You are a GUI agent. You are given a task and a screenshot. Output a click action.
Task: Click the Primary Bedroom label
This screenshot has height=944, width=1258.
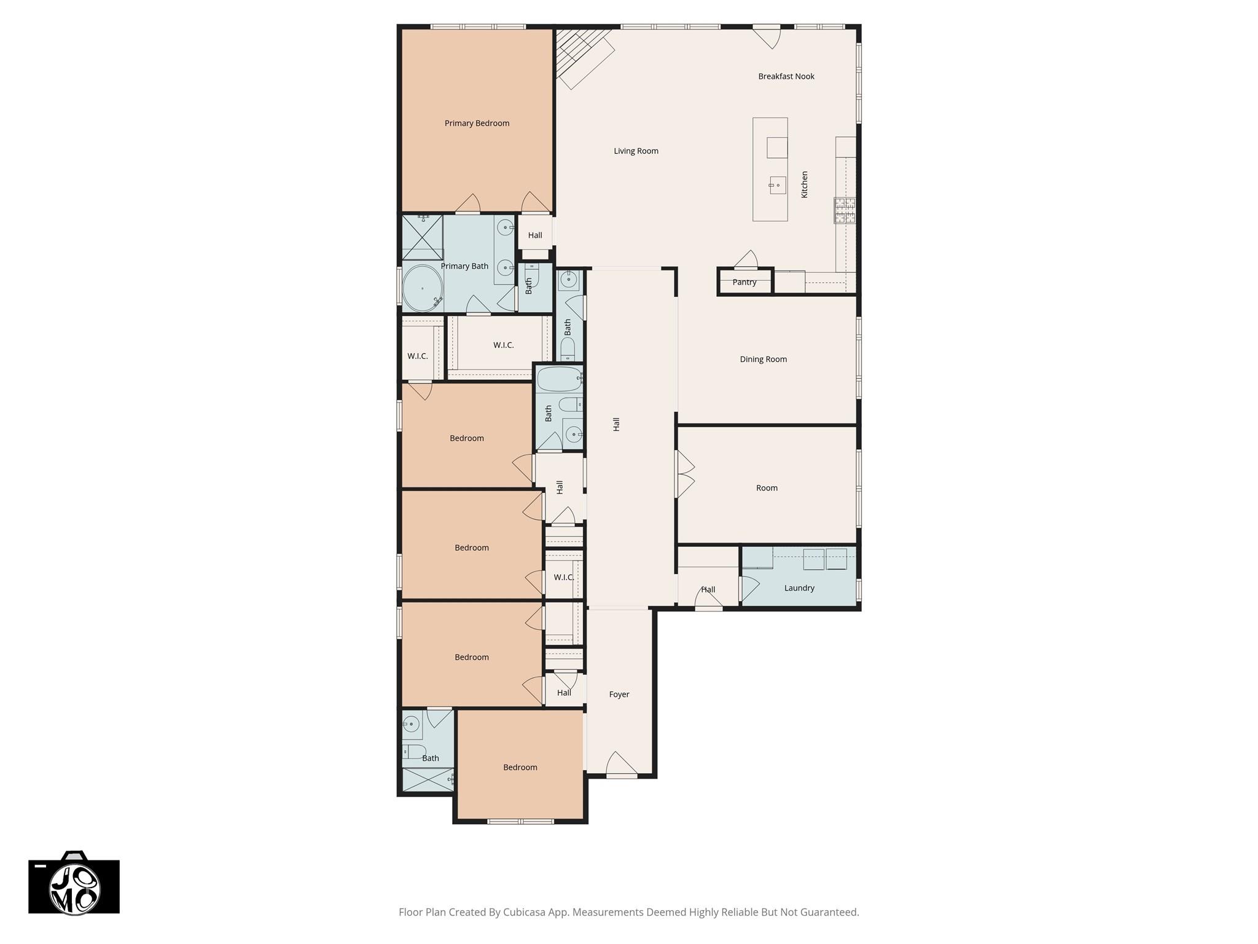[477, 124]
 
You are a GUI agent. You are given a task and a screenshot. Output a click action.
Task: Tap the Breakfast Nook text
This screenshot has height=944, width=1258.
[786, 77]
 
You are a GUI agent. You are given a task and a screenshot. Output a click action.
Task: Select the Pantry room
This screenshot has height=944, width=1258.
[744, 283]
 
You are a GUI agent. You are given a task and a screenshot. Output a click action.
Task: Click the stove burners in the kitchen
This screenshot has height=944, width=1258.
[845, 210]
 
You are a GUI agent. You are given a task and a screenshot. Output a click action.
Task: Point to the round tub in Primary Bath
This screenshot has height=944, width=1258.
[423, 288]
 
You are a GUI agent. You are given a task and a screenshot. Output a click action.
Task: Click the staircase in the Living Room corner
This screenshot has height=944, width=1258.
[580, 55]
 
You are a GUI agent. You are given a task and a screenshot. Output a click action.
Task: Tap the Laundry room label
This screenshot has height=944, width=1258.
[799, 588]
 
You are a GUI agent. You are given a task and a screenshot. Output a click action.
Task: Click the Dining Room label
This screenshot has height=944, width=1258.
[763, 360]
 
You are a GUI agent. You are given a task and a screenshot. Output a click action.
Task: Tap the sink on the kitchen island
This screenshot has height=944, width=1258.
[777, 184]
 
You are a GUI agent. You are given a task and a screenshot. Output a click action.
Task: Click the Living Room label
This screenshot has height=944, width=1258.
[636, 151]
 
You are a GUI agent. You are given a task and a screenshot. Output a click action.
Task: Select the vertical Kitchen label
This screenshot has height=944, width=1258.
[805, 184]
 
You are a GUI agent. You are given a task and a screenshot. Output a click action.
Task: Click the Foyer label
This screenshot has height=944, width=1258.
[619, 694]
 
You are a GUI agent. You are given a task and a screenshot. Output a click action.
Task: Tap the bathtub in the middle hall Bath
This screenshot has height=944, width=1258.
[559, 379]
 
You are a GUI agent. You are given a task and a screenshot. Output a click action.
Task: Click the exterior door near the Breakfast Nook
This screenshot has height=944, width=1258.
[767, 36]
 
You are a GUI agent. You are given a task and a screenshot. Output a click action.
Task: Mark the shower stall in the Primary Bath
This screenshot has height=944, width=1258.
[423, 237]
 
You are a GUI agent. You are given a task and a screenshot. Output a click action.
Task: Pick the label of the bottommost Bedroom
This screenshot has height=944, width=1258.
[520, 768]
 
